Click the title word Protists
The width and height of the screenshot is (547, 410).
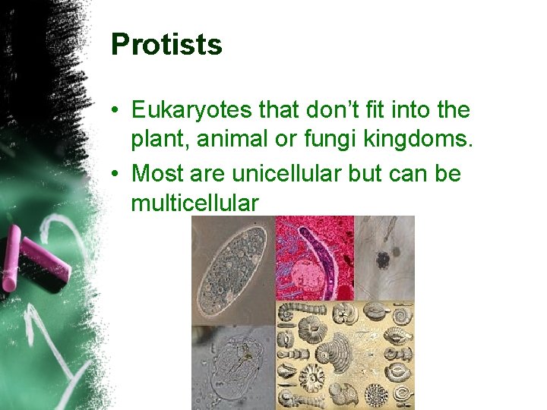[166, 45]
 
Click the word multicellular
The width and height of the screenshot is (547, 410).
[194, 203]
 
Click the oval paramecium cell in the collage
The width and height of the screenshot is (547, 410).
[232, 270]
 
